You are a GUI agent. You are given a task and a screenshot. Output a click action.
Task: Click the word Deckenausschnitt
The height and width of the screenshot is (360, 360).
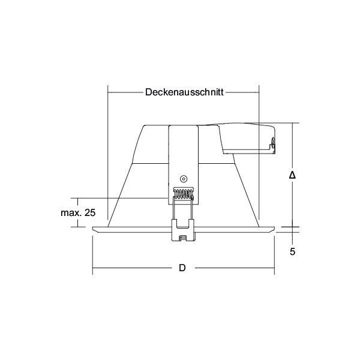tap(184, 92)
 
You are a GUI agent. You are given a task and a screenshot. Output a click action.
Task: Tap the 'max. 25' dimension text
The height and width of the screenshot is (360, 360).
tap(79, 212)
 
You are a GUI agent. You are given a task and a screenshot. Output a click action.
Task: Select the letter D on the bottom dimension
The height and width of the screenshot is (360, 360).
tap(182, 268)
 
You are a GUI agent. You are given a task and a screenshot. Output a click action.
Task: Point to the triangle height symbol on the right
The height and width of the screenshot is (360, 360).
tap(292, 175)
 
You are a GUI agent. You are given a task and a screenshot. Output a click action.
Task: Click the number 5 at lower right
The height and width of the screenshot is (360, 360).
tap(292, 252)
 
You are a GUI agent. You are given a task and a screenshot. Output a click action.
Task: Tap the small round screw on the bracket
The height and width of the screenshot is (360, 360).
tap(184, 179)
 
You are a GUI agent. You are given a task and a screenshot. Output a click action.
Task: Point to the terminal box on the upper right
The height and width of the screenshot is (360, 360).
tap(249, 138)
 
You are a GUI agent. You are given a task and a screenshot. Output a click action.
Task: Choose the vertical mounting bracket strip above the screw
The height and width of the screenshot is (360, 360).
tap(184, 150)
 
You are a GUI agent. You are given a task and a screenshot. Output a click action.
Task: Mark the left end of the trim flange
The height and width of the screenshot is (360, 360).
tap(95, 229)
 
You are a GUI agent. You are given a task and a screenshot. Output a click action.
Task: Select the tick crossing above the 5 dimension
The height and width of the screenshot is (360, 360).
tap(292, 227)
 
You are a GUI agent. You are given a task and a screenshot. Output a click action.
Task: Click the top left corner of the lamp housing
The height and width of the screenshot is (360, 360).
tap(143, 126)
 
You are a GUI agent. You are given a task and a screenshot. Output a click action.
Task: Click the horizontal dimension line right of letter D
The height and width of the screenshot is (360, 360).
tap(234, 268)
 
